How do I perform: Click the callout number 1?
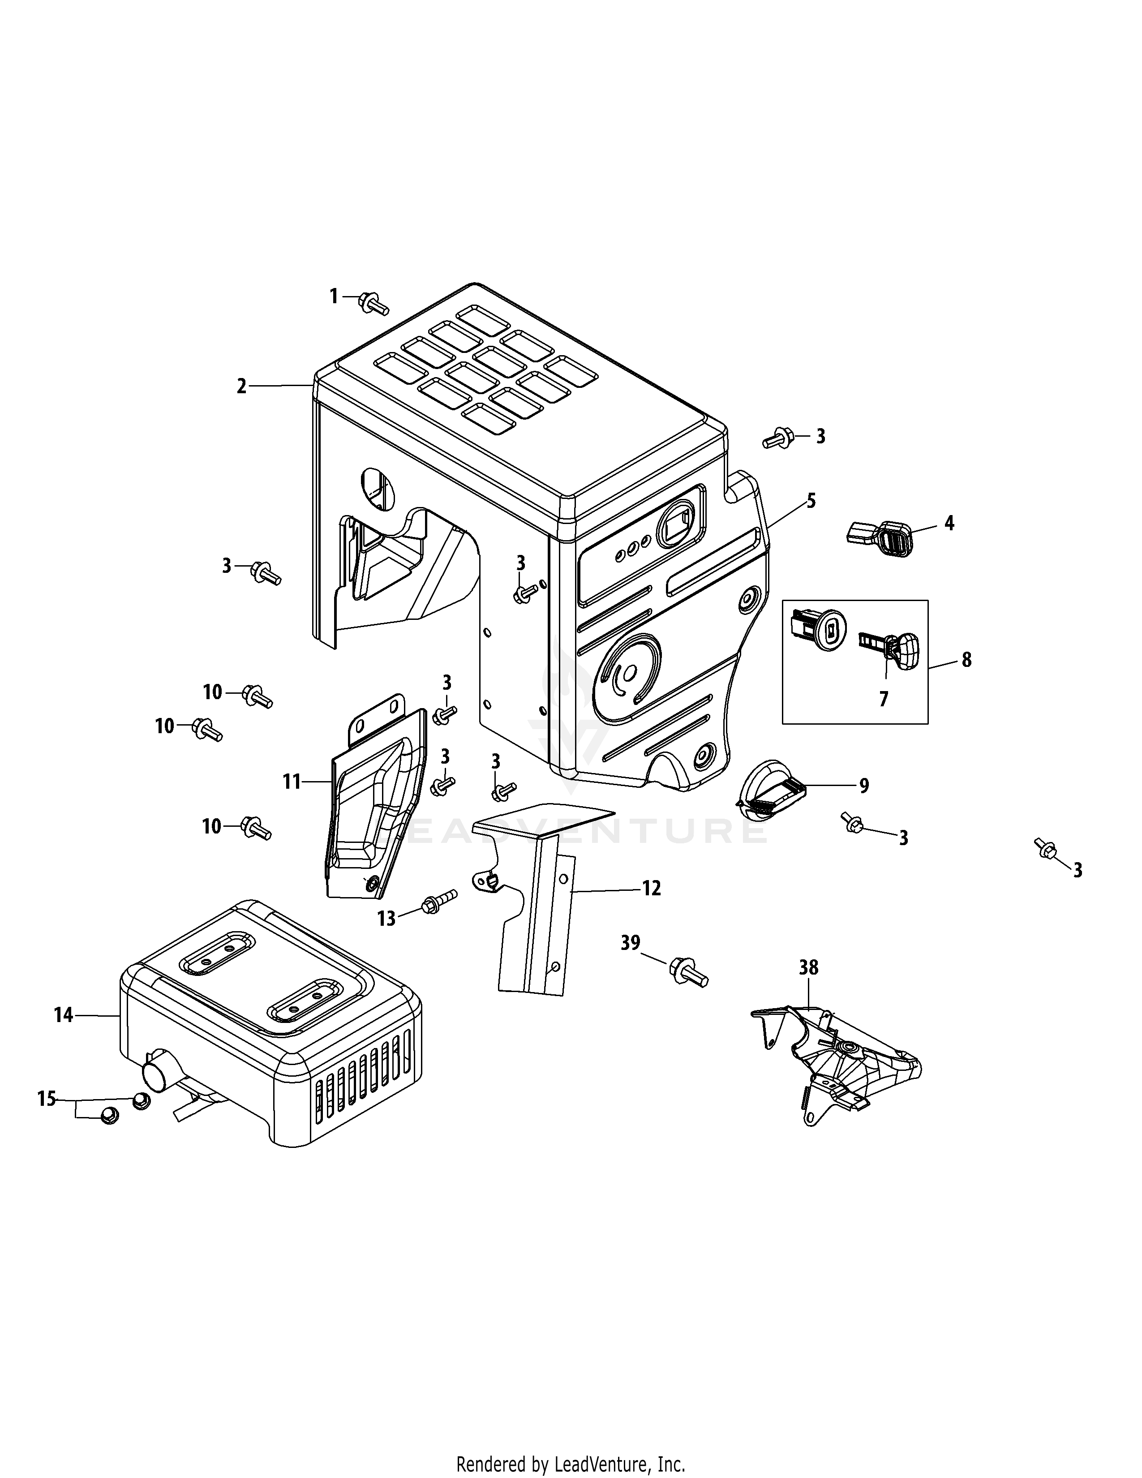click(333, 296)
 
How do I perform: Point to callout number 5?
click(811, 502)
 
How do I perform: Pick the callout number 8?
click(966, 660)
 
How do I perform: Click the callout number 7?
click(884, 699)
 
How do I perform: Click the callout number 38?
click(808, 968)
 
